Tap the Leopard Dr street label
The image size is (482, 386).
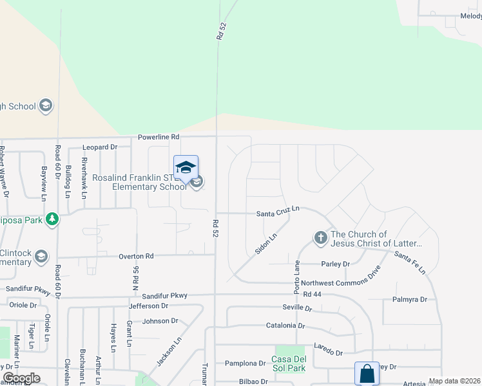pyautogui.click(x=100, y=147)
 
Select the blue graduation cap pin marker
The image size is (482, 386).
pyautogui.click(x=186, y=169)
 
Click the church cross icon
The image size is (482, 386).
pyautogui.click(x=320, y=238)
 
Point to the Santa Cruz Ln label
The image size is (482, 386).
pyautogui.click(x=278, y=211)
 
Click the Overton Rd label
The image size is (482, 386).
pyautogui.click(x=135, y=256)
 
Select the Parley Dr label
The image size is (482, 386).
pyautogui.click(x=335, y=264)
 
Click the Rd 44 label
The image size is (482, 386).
pyautogui.click(x=311, y=294)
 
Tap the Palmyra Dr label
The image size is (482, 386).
pyautogui.click(x=410, y=300)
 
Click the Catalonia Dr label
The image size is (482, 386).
pyautogui.click(x=285, y=326)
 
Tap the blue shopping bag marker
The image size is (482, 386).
pyautogui.click(x=367, y=373)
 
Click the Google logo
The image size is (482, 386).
pyautogui.click(x=21, y=378)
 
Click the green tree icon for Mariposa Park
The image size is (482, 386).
pyautogui.click(x=52, y=219)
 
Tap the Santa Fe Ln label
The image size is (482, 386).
pyautogui.click(x=410, y=262)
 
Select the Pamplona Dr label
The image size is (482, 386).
pyautogui.click(x=245, y=363)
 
